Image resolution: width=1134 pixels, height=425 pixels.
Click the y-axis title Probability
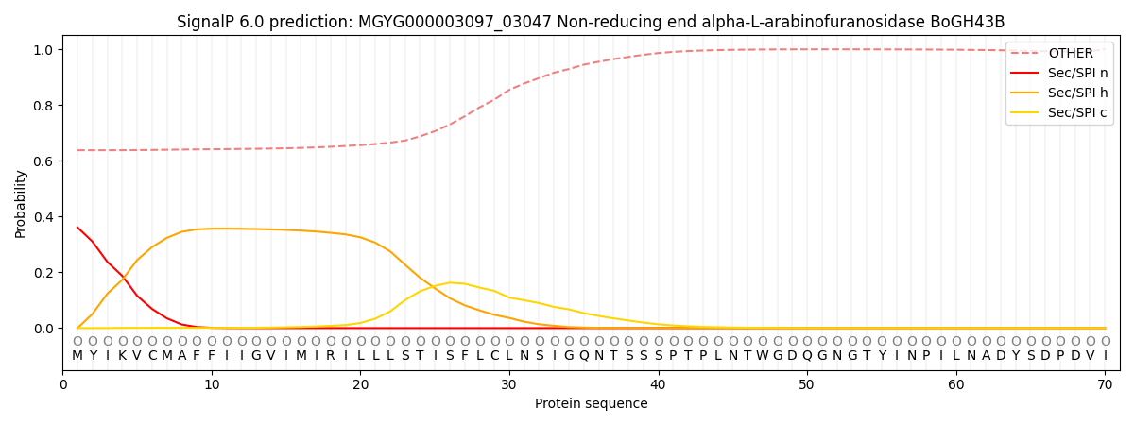[21, 203]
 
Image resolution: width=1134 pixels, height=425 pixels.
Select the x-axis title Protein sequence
[591, 403]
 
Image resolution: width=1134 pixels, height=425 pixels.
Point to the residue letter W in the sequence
[762, 356]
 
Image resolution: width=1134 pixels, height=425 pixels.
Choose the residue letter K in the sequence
[122, 356]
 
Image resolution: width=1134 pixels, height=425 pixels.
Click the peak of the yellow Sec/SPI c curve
[450, 282]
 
